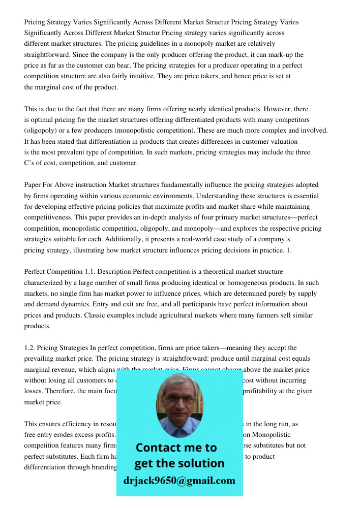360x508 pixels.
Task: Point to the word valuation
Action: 283,141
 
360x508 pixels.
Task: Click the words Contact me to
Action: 176,448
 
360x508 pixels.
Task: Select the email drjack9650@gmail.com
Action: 179,481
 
